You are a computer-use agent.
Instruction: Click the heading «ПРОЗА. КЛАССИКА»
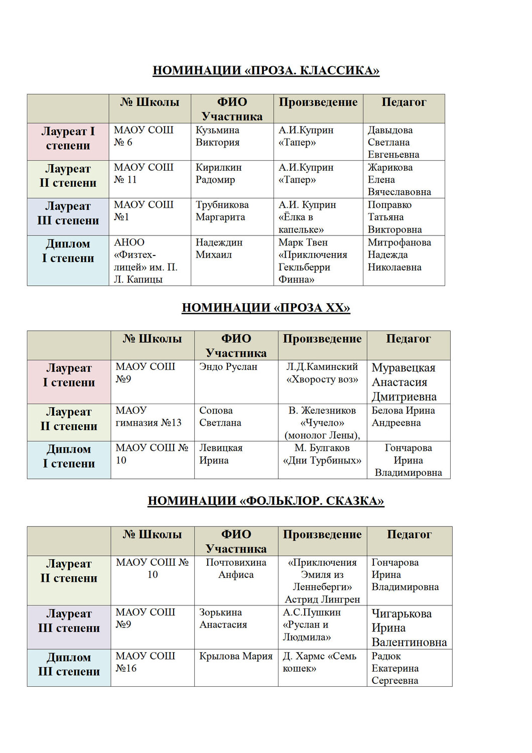[x=265, y=70]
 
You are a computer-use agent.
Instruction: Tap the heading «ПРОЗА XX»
[x=265, y=308]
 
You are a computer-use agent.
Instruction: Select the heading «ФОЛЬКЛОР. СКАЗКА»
[x=265, y=501]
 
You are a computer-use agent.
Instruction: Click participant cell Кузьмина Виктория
[x=218, y=136]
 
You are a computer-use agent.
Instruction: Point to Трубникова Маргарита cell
[x=222, y=211]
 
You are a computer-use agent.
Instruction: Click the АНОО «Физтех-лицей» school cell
[x=146, y=261]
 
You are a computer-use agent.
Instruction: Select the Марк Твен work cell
[x=313, y=261]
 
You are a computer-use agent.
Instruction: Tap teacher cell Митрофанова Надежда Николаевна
[x=399, y=255]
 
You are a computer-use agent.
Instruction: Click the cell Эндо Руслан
[x=228, y=367]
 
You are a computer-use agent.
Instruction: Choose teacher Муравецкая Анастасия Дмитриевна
[x=404, y=382]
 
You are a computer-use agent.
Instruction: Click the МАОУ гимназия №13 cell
[x=149, y=417]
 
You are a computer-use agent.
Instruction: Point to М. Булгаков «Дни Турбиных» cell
[x=322, y=454]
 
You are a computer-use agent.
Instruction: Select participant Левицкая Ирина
[x=221, y=454]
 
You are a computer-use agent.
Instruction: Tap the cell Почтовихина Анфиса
[x=236, y=568]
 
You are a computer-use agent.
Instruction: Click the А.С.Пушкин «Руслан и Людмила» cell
[x=312, y=624]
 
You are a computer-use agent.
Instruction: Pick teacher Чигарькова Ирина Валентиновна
[x=409, y=627]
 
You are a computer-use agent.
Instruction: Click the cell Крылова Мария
[x=236, y=656]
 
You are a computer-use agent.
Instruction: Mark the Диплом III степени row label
[x=69, y=664]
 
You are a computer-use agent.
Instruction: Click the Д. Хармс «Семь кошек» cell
[x=319, y=662]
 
